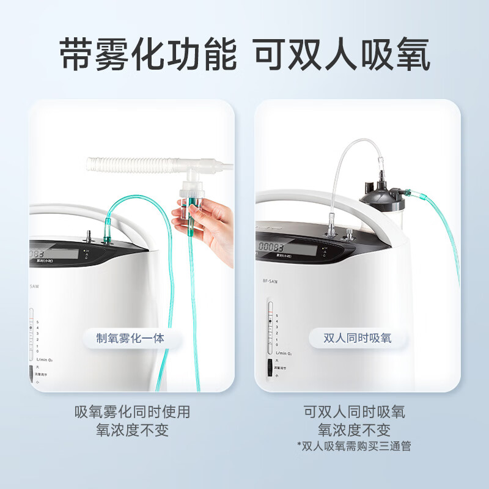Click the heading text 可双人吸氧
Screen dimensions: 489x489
[x=342, y=56]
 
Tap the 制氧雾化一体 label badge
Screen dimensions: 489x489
[x=130, y=337]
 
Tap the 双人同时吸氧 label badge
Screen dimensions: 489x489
[x=358, y=337]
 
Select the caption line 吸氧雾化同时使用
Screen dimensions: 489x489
[x=132, y=412]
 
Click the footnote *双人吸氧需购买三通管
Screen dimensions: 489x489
[x=354, y=446]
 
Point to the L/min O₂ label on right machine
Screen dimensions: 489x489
[x=283, y=353]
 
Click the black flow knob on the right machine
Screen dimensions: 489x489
[x=270, y=368]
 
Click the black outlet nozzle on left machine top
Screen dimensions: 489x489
[x=87, y=235]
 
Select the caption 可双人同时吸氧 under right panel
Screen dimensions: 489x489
[x=354, y=412]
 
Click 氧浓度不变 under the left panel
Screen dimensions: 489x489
[x=132, y=430]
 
